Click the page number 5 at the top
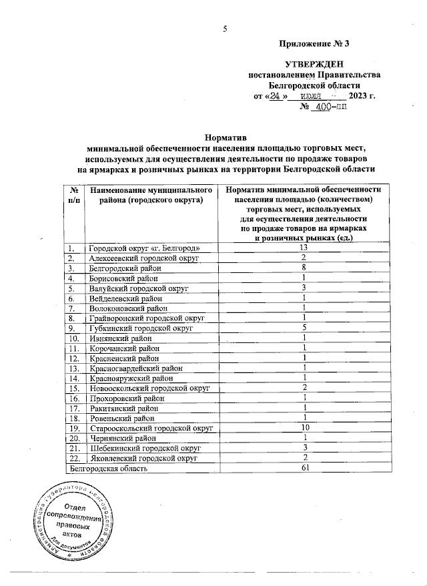click(x=225, y=28)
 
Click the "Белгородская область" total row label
click(x=109, y=468)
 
